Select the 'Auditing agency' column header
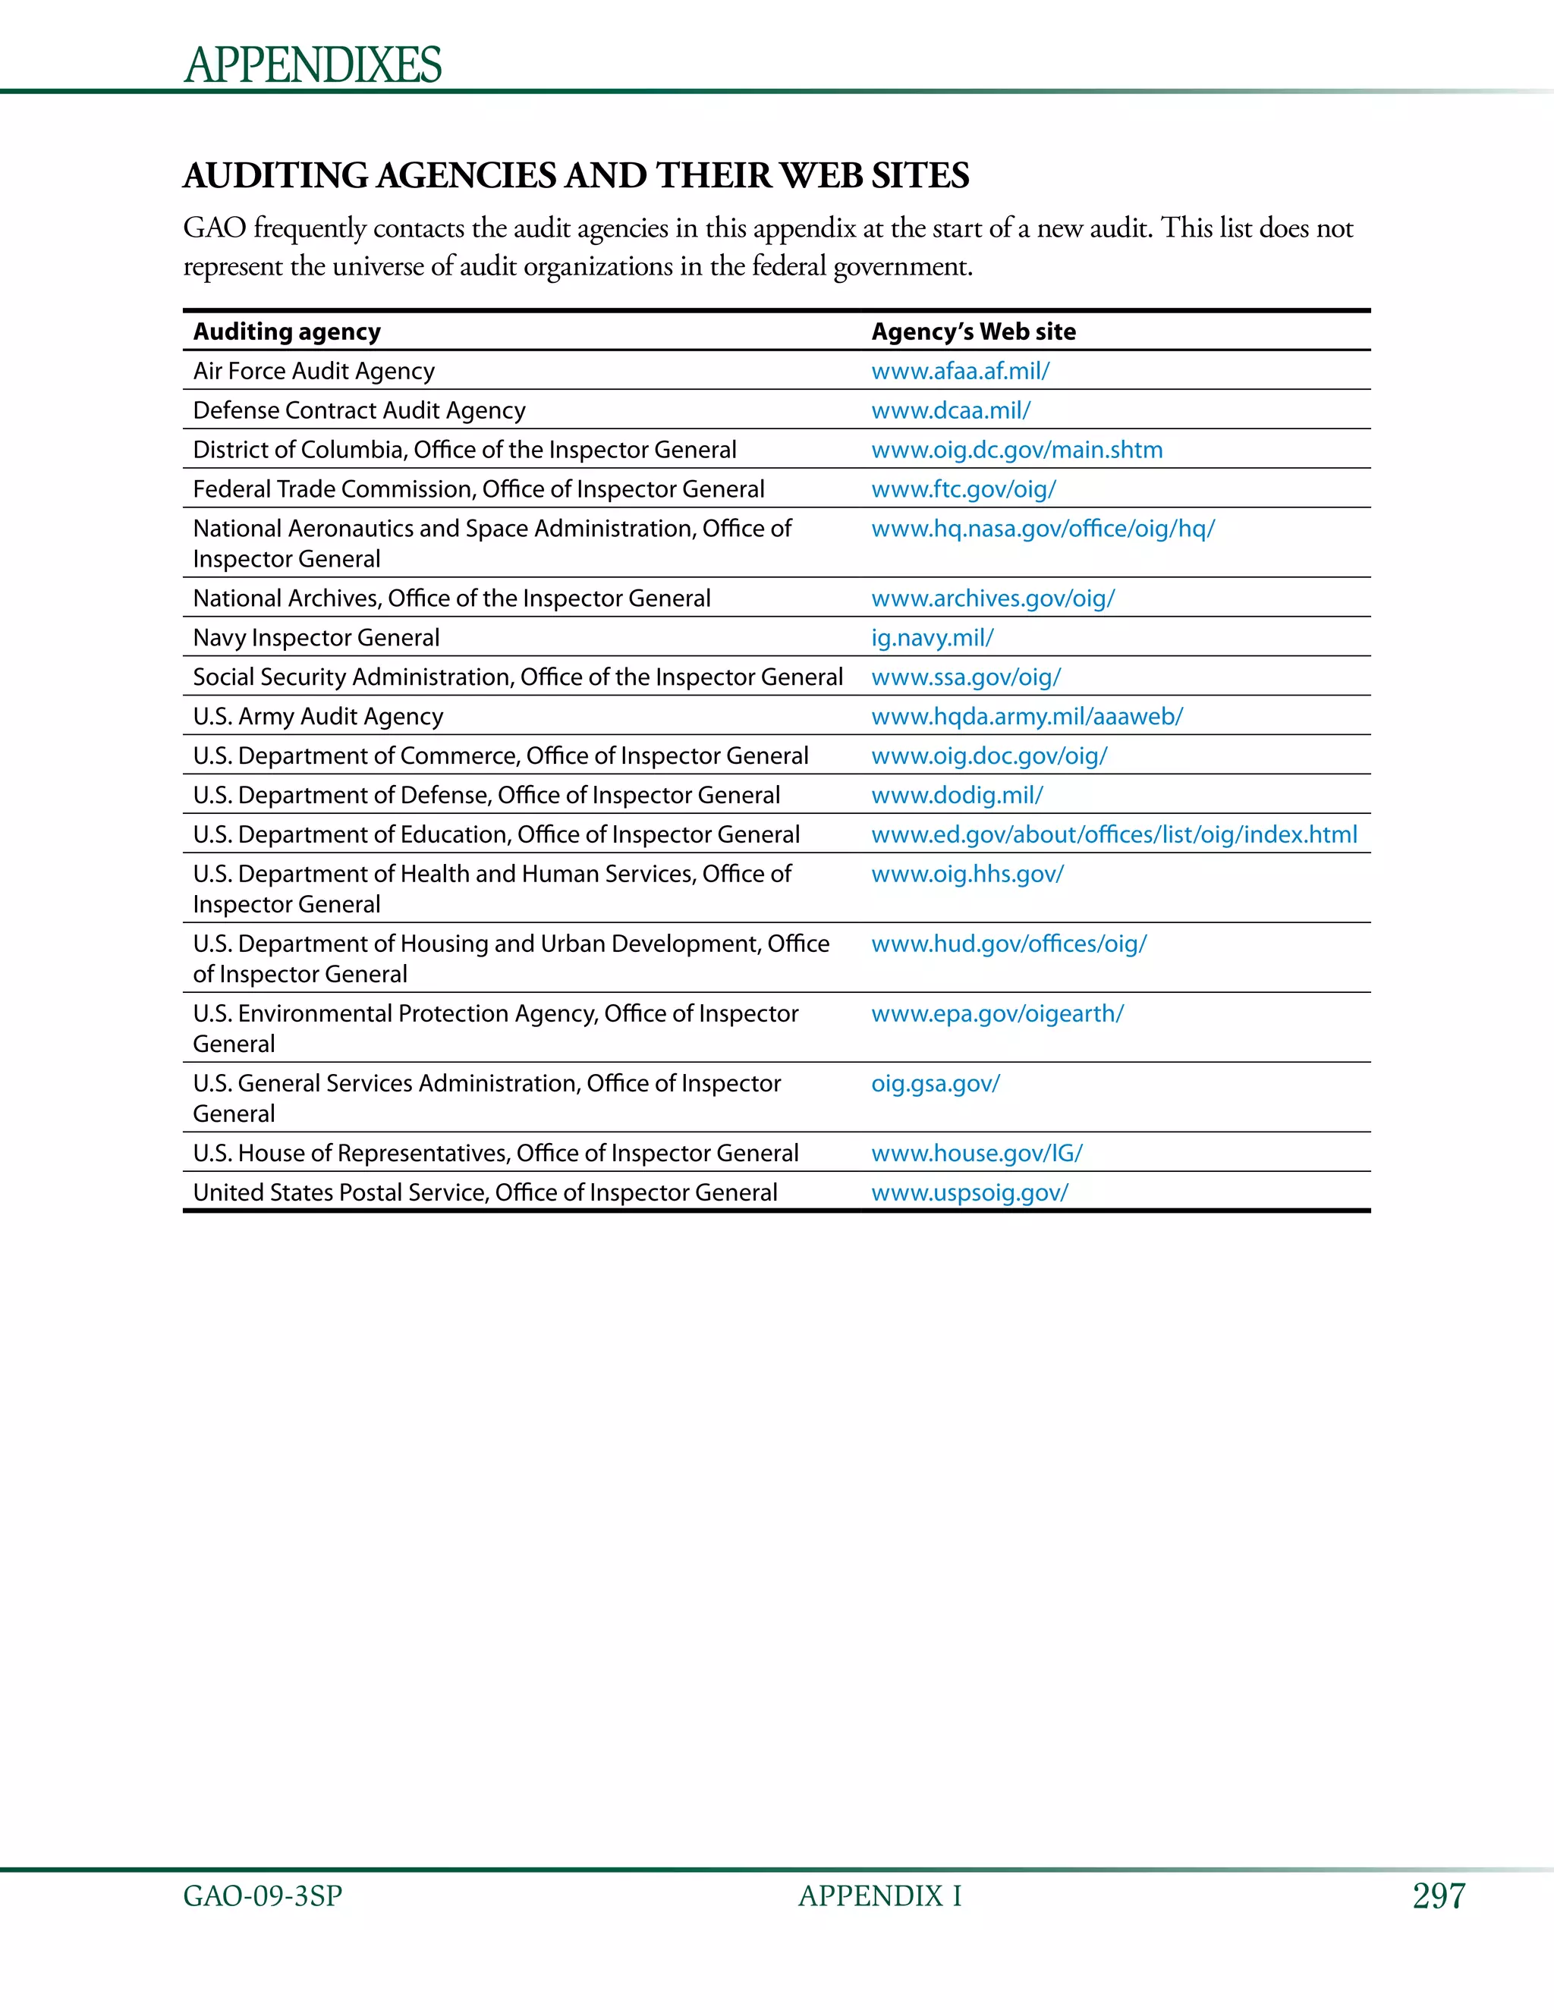286,331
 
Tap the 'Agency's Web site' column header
973,331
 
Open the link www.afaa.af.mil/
960,371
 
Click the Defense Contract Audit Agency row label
359,410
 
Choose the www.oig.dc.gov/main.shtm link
1016,450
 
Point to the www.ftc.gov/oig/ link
963,490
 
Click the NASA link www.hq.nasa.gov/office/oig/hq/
1042,529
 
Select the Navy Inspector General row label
316,638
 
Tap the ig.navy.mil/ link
932,638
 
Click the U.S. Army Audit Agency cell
318,717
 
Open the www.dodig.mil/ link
957,795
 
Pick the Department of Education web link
1114,835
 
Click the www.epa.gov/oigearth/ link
997,1014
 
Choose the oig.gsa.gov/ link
936,1084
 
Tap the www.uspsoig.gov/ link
970,1193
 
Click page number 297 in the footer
1438,1896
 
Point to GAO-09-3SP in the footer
263,1896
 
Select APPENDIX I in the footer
879,1896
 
